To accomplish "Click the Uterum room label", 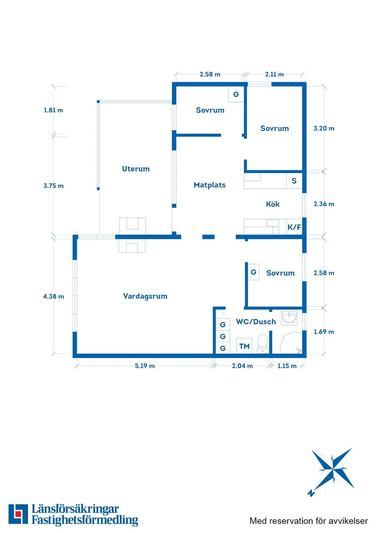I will (x=136, y=169).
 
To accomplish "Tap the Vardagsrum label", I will (x=145, y=296).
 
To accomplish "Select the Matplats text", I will (x=209, y=185).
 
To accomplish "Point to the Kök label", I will (x=272, y=204).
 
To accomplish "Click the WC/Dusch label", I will (x=255, y=322).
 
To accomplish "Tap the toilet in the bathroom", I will (x=262, y=344).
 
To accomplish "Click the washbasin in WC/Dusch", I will (x=289, y=317).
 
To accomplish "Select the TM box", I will (x=244, y=346).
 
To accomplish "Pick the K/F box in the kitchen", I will (x=294, y=226).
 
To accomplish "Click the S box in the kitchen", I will (x=294, y=181).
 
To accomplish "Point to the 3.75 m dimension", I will (x=53, y=185).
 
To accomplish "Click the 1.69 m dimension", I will (x=324, y=332).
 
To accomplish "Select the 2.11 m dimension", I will (x=274, y=74).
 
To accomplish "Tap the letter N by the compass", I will (x=311, y=493).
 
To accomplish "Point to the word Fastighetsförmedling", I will (x=85, y=520).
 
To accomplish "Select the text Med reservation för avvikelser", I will (x=308, y=520).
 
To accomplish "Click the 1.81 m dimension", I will (x=53, y=110).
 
